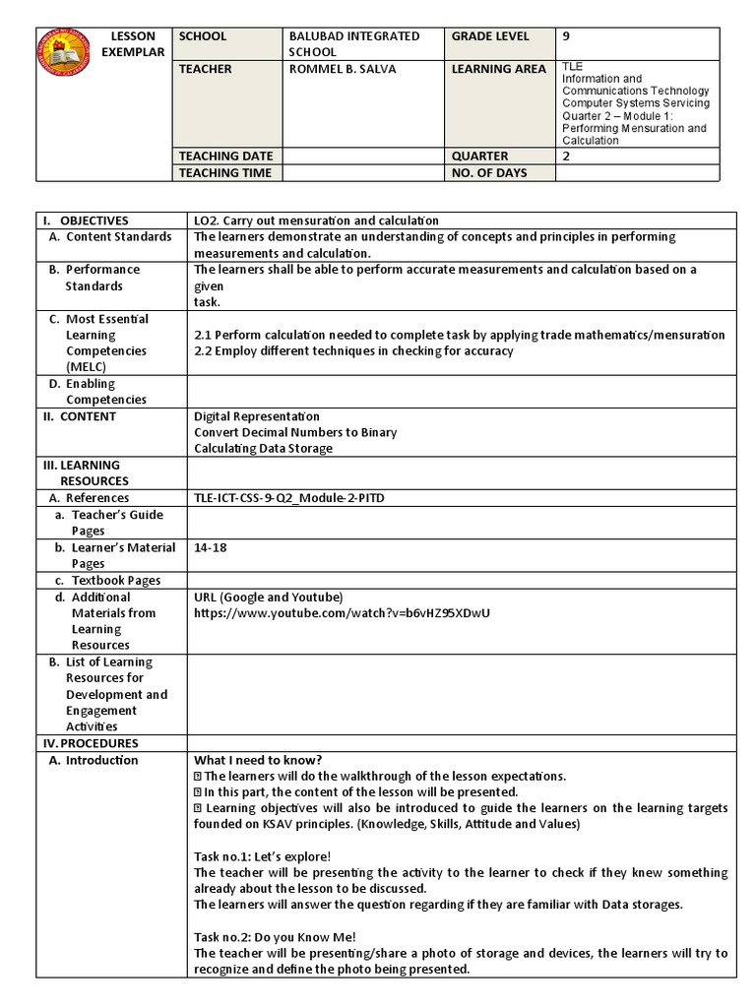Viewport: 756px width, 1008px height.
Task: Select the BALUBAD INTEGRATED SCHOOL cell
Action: point(353,43)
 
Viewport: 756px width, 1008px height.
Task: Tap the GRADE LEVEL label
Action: point(490,36)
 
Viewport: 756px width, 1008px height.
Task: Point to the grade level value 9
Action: point(566,36)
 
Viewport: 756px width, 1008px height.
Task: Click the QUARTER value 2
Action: point(566,156)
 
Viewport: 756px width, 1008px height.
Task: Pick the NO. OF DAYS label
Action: point(489,173)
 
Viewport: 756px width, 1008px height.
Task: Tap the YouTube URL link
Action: point(342,613)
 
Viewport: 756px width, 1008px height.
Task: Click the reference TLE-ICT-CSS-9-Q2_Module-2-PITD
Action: point(289,498)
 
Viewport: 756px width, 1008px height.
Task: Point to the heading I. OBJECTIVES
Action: point(85,220)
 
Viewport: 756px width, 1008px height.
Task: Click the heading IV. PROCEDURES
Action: point(90,743)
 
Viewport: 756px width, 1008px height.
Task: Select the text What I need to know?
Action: point(258,759)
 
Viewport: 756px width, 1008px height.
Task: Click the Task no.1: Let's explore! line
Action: point(263,856)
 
